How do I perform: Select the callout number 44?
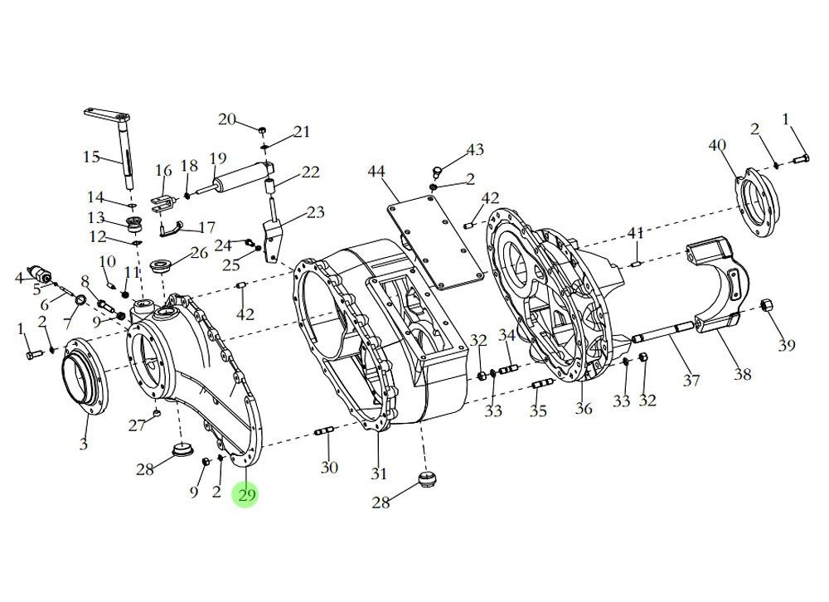pyautogui.click(x=376, y=172)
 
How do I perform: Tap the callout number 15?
pyautogui.click(x=91, y=157)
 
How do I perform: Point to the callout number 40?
pyautogui.click(x=717, y=146)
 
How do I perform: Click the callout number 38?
pyautogui.click(x=742, y=374)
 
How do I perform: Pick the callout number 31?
pyautogui.click(x=379, y=474)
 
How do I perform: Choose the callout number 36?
pyautogui.click(x=584, y=409)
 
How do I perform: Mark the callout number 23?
pyautogui.click(x=315, y=212)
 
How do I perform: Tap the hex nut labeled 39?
pyautogui.click(x=766, y=303)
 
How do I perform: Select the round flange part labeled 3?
pyautogui.click(x=82, y=380)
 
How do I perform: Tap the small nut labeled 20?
pyautogui.click(x=261, y=130)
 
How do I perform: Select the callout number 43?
pyautogui.click(x=475, y=150)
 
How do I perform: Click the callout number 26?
pyautogui.click(x=199, y=252)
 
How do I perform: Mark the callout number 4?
pyautogui.click(x=20, y=277)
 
